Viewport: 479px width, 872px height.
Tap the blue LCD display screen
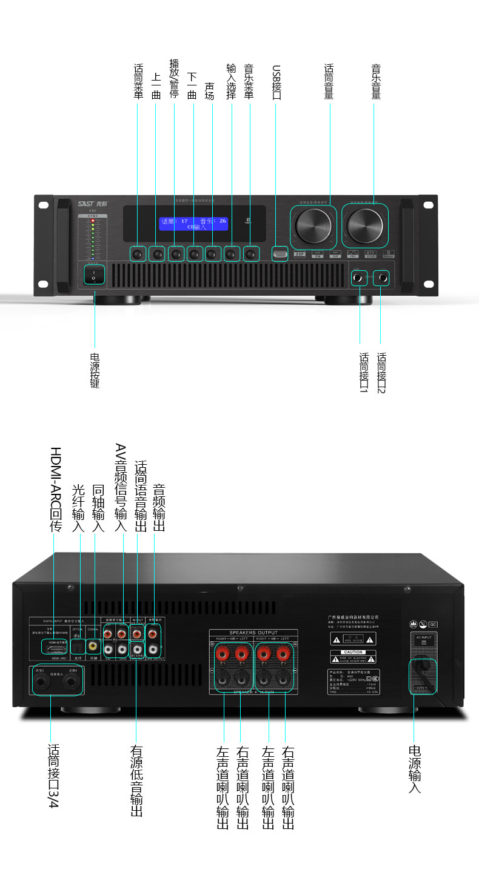(194, 224)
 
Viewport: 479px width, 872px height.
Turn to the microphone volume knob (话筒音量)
(313, 225)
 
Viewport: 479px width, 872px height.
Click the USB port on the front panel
(280, 253)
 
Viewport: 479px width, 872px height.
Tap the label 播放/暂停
(175, 78)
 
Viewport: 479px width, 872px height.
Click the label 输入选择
(231, 81)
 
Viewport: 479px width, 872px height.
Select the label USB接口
(276, 82)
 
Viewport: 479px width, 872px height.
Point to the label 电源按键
(95, 370)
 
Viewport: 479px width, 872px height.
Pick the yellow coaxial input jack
(94, 646)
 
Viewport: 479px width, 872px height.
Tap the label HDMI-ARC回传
(55, 490)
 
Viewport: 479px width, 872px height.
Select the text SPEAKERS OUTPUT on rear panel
(253, 633)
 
